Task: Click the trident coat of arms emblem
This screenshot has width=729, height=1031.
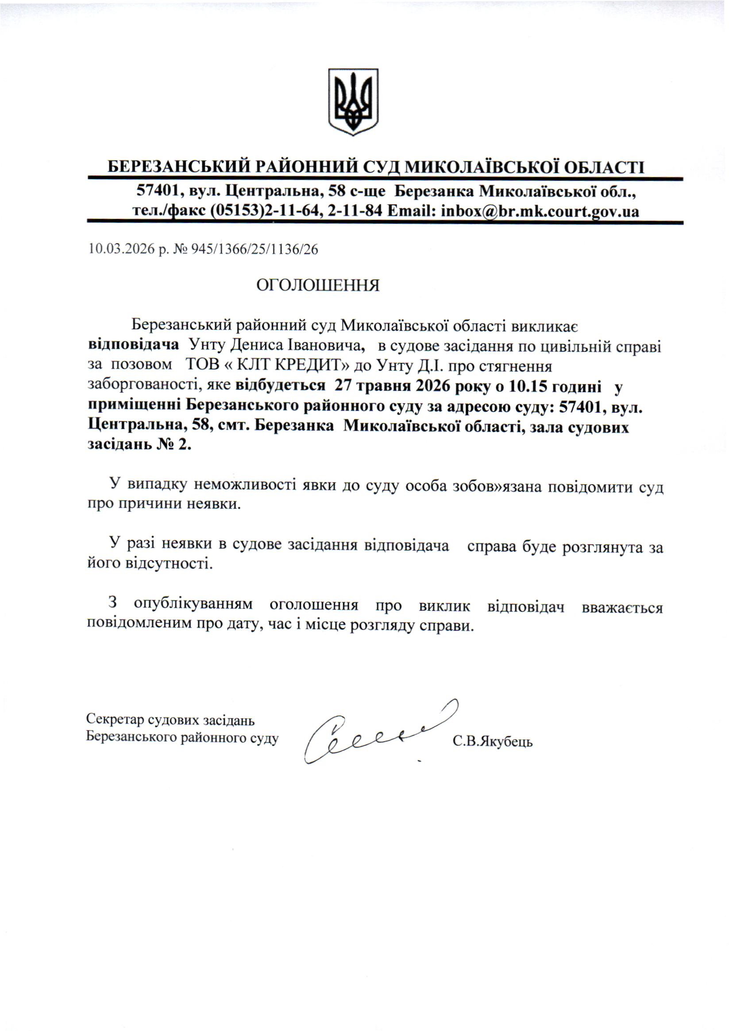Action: coord(353,101)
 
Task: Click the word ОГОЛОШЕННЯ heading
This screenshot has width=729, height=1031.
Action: coord(318,285)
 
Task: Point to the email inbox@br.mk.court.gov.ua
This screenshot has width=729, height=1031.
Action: coord(540,211)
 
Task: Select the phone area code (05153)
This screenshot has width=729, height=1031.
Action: coord(236,211)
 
